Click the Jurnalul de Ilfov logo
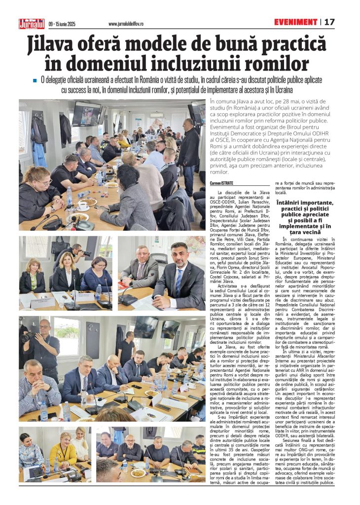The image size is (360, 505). click(32, 23)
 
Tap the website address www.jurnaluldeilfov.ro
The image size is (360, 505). click(130, 23)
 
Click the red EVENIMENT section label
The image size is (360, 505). click(296, 22)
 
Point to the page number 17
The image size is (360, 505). click(329, 22)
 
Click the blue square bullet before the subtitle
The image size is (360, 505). click(35, 80)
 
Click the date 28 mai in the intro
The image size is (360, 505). click(284, 102)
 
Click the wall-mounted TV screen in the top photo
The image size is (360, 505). click(86, 113)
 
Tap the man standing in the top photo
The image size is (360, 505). click(189, 153)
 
